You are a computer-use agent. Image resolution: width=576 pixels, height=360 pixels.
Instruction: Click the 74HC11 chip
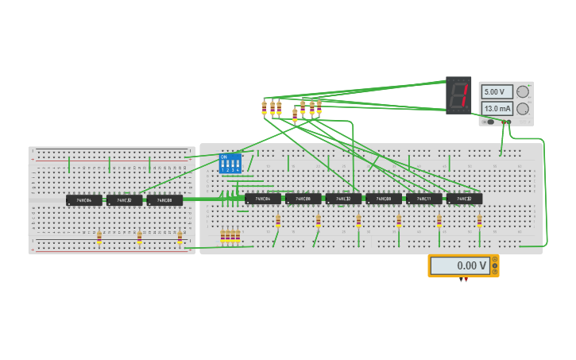pyautogui.click(x=423, y=199)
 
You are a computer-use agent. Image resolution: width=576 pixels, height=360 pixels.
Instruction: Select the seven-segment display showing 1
pyautogui.click(x=458, y=95)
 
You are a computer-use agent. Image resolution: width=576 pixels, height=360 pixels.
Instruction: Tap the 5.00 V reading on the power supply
pyautogui.click(x=497, y=91)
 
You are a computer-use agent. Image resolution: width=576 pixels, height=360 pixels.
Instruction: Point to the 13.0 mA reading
pyautogui.click(x=497, y=108)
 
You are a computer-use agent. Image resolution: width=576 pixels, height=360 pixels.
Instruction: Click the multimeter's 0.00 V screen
pyautogui.click(x=460, y=265)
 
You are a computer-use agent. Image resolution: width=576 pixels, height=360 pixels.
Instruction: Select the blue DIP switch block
pyautogui.click(x=230, y=164)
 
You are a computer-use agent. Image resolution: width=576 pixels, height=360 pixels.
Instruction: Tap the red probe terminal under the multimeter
pyautogui.click(x=466, y=280)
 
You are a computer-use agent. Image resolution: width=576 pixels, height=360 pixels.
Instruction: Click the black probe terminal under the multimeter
pyautogui.click(x=461, y=280)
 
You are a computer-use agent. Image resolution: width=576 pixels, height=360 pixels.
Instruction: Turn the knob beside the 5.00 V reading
pyautogui.click(x=523, y=91)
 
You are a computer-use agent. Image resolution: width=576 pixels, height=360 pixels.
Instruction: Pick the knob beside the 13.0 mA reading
pyautogui.click(x=523, y=108)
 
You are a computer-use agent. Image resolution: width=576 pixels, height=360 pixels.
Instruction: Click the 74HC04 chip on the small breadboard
pyautogui.click(x=83, y=200)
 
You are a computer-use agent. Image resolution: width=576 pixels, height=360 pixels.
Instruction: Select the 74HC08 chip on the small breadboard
pyautogui.click(x=164, y=200)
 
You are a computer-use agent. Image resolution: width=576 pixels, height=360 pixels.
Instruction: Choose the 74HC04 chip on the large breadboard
pyautogui.click(x=262, y=199)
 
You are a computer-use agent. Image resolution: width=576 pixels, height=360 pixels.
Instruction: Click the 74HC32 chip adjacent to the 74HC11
pyautogui.click(x=464, y=199)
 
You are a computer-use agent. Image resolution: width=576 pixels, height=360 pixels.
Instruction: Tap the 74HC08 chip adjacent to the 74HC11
pyautogui.click(x=383, y=199)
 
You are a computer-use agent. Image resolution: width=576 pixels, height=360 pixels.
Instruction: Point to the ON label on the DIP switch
pyautogui.click(x=223, y=157)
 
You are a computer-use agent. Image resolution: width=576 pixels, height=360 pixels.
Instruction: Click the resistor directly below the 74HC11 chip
pyautogui.click(x=439, y=221)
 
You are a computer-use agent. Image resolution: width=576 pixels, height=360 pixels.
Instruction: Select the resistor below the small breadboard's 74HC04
pyautogui.click(x=99, y=237)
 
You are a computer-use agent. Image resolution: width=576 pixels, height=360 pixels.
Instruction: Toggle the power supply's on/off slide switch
pyautogui.click(x=490, y=122)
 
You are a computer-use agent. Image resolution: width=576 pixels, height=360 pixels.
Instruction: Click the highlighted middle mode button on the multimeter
pyautogui.click(x=494, y=265)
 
